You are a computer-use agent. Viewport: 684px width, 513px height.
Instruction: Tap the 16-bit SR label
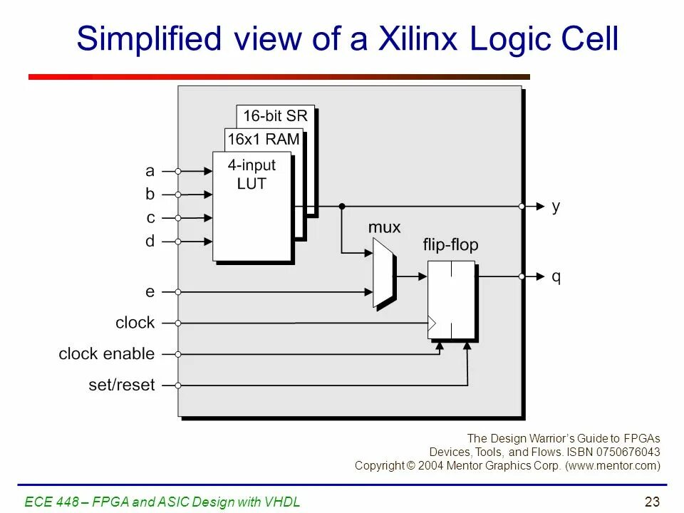point(275,115)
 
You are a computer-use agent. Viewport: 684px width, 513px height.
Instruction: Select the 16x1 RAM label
point(264,140)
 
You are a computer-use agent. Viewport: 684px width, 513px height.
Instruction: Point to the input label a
point(150,171)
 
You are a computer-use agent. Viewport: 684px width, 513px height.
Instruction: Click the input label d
point(150,242)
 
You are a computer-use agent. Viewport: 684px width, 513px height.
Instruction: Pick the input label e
point(150,291)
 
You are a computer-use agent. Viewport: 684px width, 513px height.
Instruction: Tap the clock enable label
point(107,354)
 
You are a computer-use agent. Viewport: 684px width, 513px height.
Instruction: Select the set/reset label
point(122,385)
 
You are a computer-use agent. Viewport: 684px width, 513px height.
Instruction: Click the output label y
point(556,206)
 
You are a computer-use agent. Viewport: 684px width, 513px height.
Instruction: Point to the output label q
point(556,276)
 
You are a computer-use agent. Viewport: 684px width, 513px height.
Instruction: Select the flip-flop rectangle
point(451,299)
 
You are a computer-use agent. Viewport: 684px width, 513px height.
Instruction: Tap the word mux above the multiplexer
point(384,227)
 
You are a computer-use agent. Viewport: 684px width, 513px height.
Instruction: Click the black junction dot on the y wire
point(342,206)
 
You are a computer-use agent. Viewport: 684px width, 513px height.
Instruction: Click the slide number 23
point(652,502)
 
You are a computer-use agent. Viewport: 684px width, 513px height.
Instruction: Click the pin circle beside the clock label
point(178,323)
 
